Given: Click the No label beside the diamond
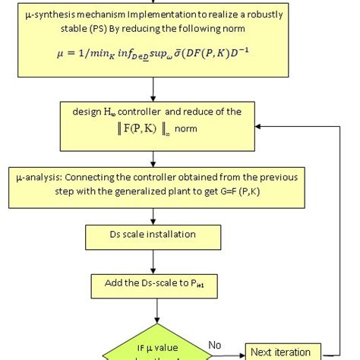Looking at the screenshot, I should (216, 345).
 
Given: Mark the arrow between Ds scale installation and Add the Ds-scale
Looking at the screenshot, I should (155, 261).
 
